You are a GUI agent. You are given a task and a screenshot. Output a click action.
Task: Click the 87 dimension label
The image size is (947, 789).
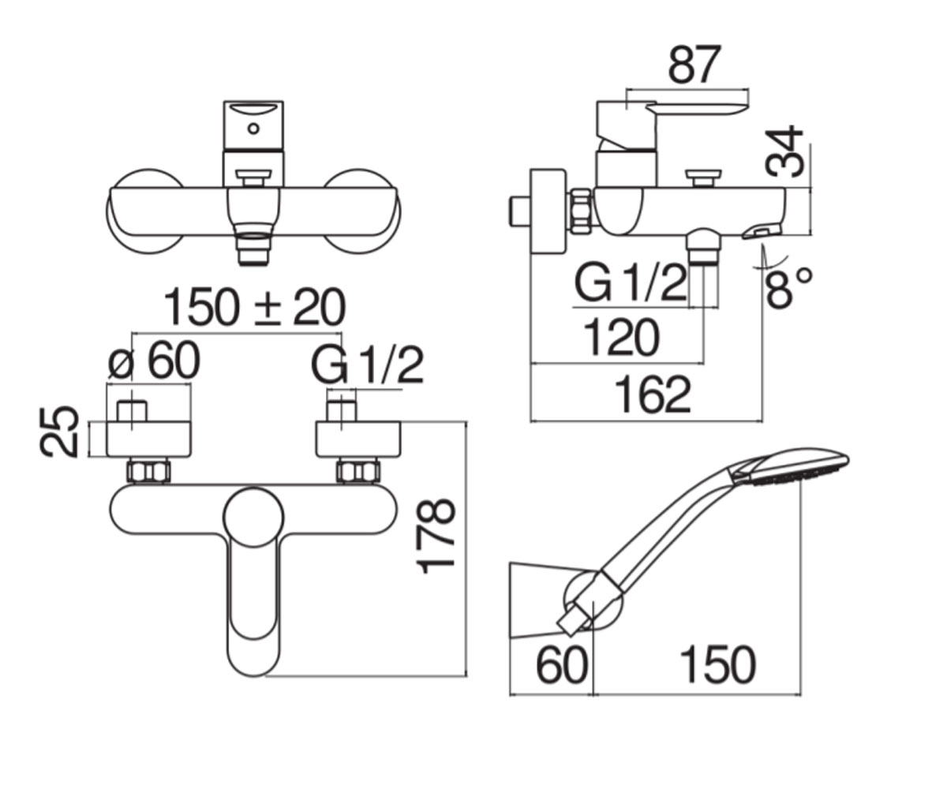pos(694,65)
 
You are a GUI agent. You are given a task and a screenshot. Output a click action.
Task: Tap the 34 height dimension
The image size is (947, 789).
pos(784,151)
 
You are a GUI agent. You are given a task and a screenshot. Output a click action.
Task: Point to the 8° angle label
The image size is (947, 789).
pos(788,287)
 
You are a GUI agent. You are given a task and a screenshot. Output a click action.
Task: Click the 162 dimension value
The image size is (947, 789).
pos(653,394)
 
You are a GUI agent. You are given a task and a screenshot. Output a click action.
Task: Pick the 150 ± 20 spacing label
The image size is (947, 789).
pos(254,307)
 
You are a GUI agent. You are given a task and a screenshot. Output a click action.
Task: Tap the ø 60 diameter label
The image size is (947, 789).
pos(154,360)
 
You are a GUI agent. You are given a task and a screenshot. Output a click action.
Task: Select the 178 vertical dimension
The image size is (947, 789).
pos(436,537)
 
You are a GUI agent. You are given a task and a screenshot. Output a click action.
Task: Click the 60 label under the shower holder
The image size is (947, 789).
pos(562,665)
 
